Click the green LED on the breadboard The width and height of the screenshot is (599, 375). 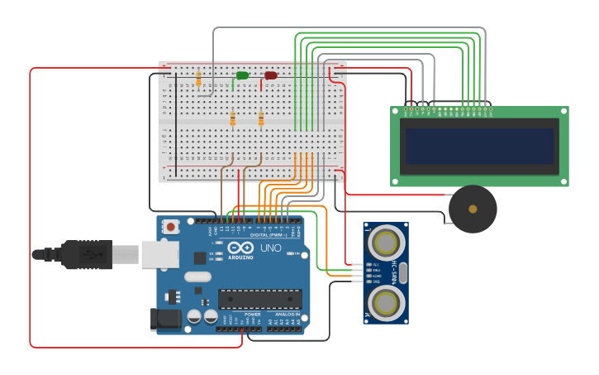point(241,75)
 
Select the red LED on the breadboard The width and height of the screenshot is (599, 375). point(271,75)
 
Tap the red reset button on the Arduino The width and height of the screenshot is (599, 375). point(171,226)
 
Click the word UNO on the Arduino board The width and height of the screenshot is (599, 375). point(271,248)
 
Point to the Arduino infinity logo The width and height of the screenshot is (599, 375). point(240,248)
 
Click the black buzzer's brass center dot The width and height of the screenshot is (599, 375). point(473,209)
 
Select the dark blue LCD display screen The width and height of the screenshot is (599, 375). point(479,146)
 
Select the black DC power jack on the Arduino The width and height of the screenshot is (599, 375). point(166,320)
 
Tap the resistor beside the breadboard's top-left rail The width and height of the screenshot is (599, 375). point(198,79)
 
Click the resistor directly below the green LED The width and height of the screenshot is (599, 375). point(232,119)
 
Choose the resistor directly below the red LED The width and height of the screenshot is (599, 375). point(261,119)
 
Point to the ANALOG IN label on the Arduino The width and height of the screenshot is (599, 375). point(287,315)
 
